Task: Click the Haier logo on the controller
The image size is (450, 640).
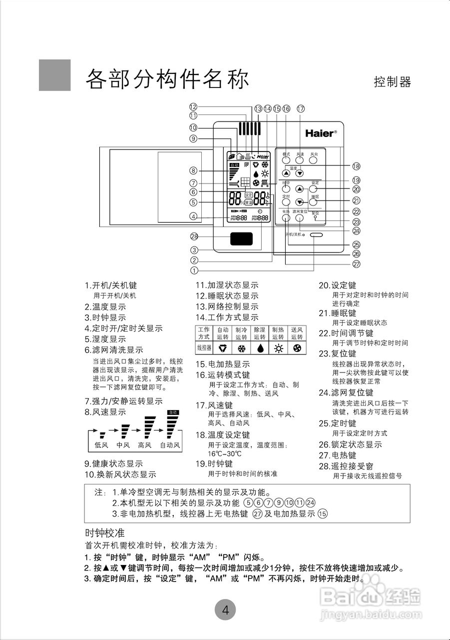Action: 321,133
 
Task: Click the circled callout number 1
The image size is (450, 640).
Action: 194,269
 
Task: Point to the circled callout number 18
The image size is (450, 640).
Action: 356,166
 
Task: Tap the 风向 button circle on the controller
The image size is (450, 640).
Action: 314,161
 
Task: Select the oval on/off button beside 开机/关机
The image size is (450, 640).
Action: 316,234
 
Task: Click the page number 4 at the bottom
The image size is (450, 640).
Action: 225,610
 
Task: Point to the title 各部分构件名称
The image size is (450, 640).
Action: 167,79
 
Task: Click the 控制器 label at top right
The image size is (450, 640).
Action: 392,82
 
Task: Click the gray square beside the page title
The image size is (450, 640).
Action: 54,75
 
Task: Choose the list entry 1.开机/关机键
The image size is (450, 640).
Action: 110,285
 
